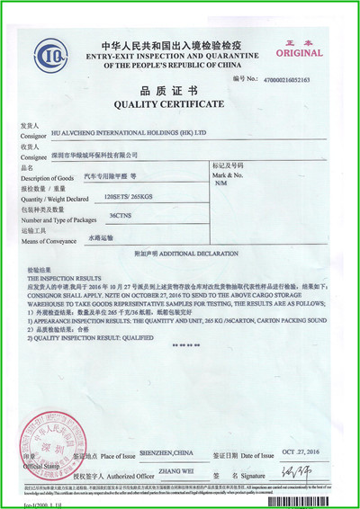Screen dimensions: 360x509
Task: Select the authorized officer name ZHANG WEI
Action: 173,469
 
